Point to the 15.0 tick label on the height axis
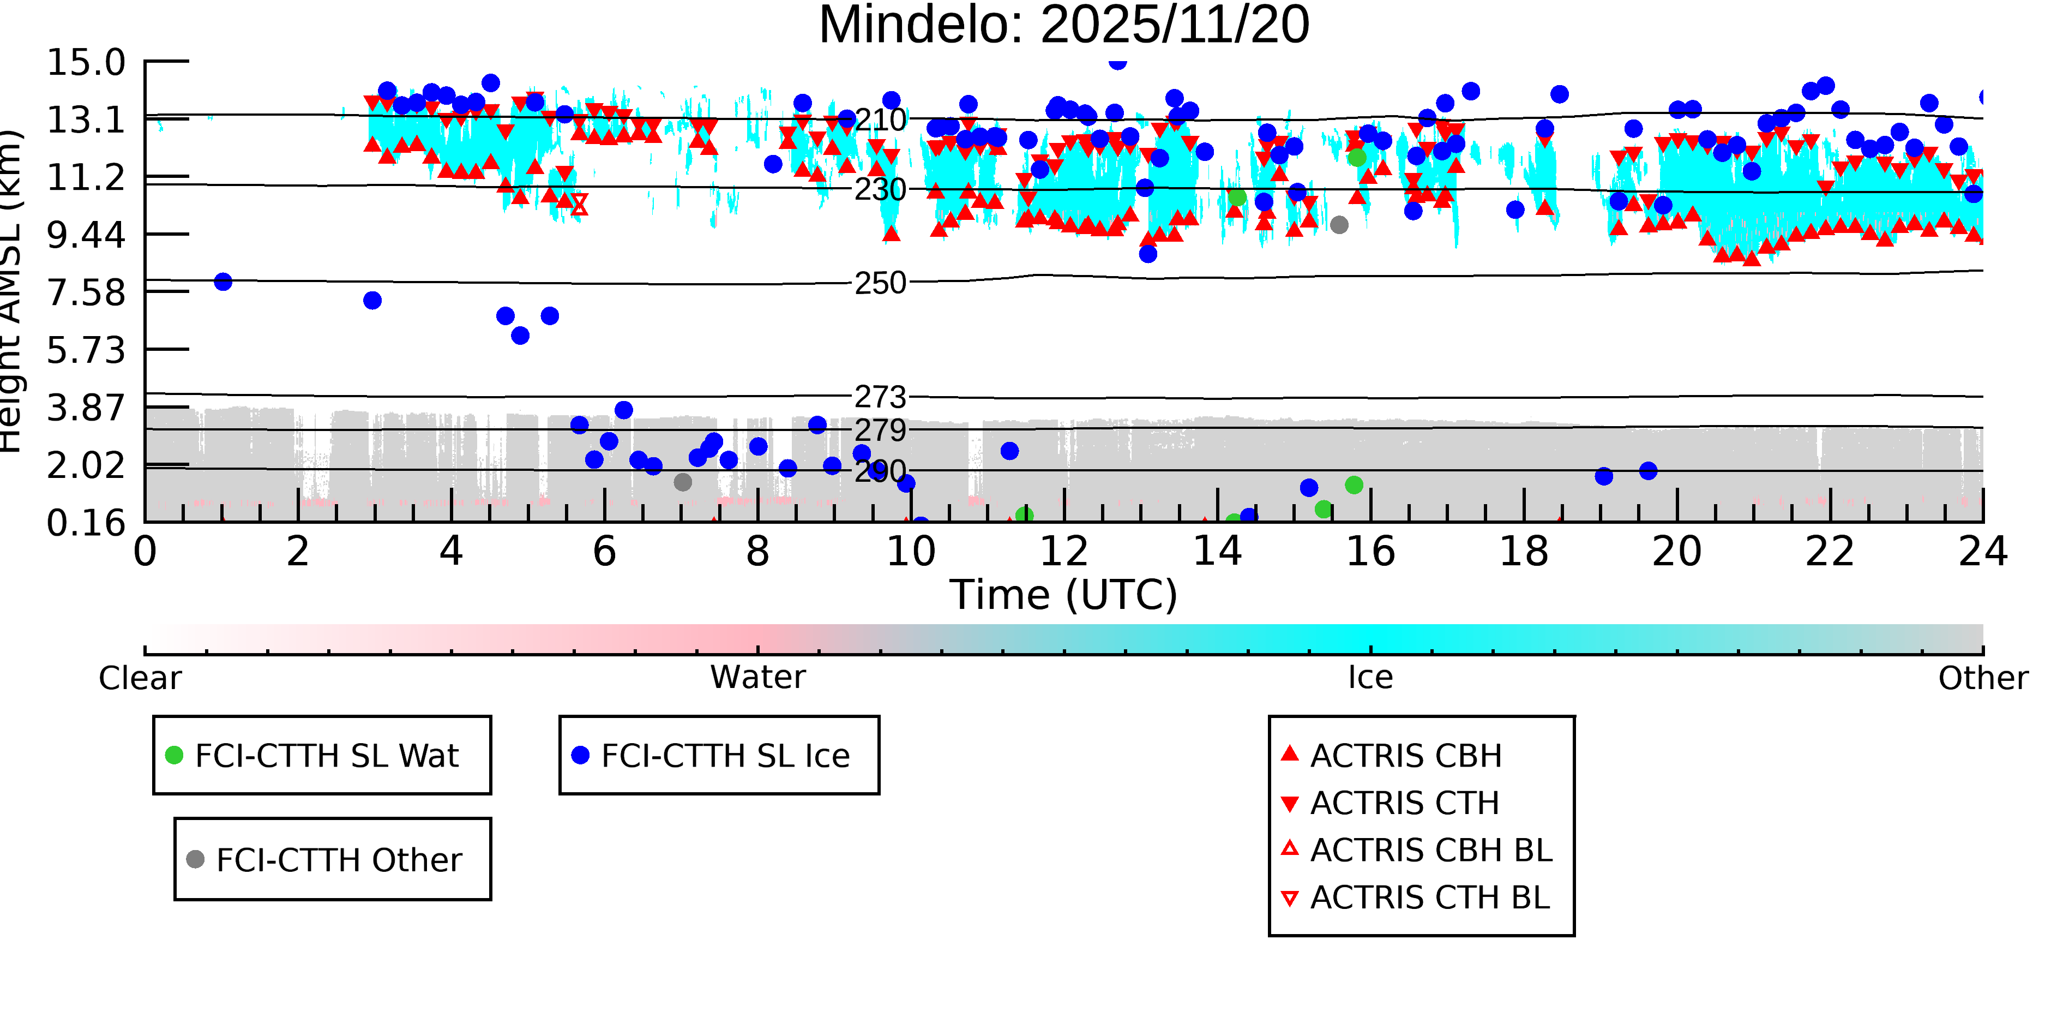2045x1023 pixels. pos(86,63)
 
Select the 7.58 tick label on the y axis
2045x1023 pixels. pos(86,292)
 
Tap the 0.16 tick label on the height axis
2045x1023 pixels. pos(86,523)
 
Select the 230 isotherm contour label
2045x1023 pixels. pos(880,190)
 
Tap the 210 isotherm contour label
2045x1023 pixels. pos(880,121)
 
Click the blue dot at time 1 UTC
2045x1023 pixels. pos(223,282)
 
